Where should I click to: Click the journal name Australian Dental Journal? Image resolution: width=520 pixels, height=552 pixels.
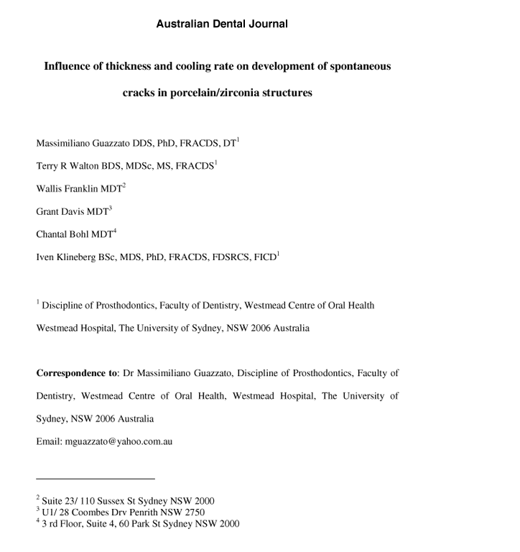222,24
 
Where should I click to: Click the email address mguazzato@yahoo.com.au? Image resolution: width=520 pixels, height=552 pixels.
119,441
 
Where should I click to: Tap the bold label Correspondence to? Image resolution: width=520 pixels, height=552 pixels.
77,373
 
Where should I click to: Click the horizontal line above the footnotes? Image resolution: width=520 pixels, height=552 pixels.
96,478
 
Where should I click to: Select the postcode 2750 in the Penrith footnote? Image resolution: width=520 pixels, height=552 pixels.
193,512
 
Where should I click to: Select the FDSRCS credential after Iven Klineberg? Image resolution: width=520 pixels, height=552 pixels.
231,257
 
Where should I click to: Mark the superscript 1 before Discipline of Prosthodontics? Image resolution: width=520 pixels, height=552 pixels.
38,302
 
